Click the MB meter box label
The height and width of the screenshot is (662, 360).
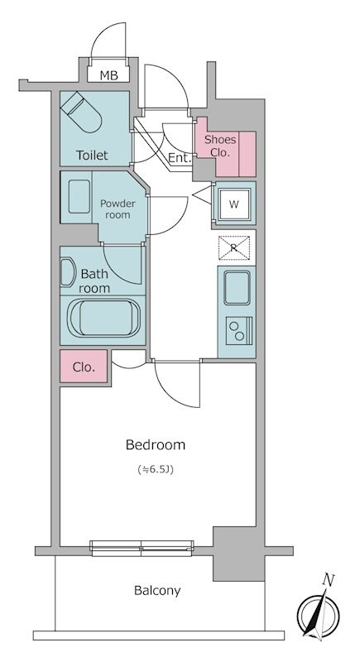108,75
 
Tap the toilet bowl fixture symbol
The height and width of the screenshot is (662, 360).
81,112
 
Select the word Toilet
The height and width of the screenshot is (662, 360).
92,155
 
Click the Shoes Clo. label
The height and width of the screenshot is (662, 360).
220,146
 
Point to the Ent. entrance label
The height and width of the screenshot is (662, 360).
180,158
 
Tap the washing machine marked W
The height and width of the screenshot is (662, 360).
234,204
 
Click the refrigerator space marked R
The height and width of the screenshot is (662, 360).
234,247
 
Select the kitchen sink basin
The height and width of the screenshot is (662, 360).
237,287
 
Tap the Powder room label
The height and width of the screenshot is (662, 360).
118,209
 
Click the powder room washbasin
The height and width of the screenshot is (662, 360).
79,197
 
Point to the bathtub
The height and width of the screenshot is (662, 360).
104,319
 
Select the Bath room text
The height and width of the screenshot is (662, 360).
94,281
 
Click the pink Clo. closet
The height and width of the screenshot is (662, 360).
84,367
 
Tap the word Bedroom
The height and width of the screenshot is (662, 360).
156,444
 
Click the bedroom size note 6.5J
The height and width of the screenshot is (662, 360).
156,469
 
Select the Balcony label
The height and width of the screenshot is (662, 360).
157,590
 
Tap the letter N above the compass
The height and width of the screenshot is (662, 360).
328,581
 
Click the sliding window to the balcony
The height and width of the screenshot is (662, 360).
142,548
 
